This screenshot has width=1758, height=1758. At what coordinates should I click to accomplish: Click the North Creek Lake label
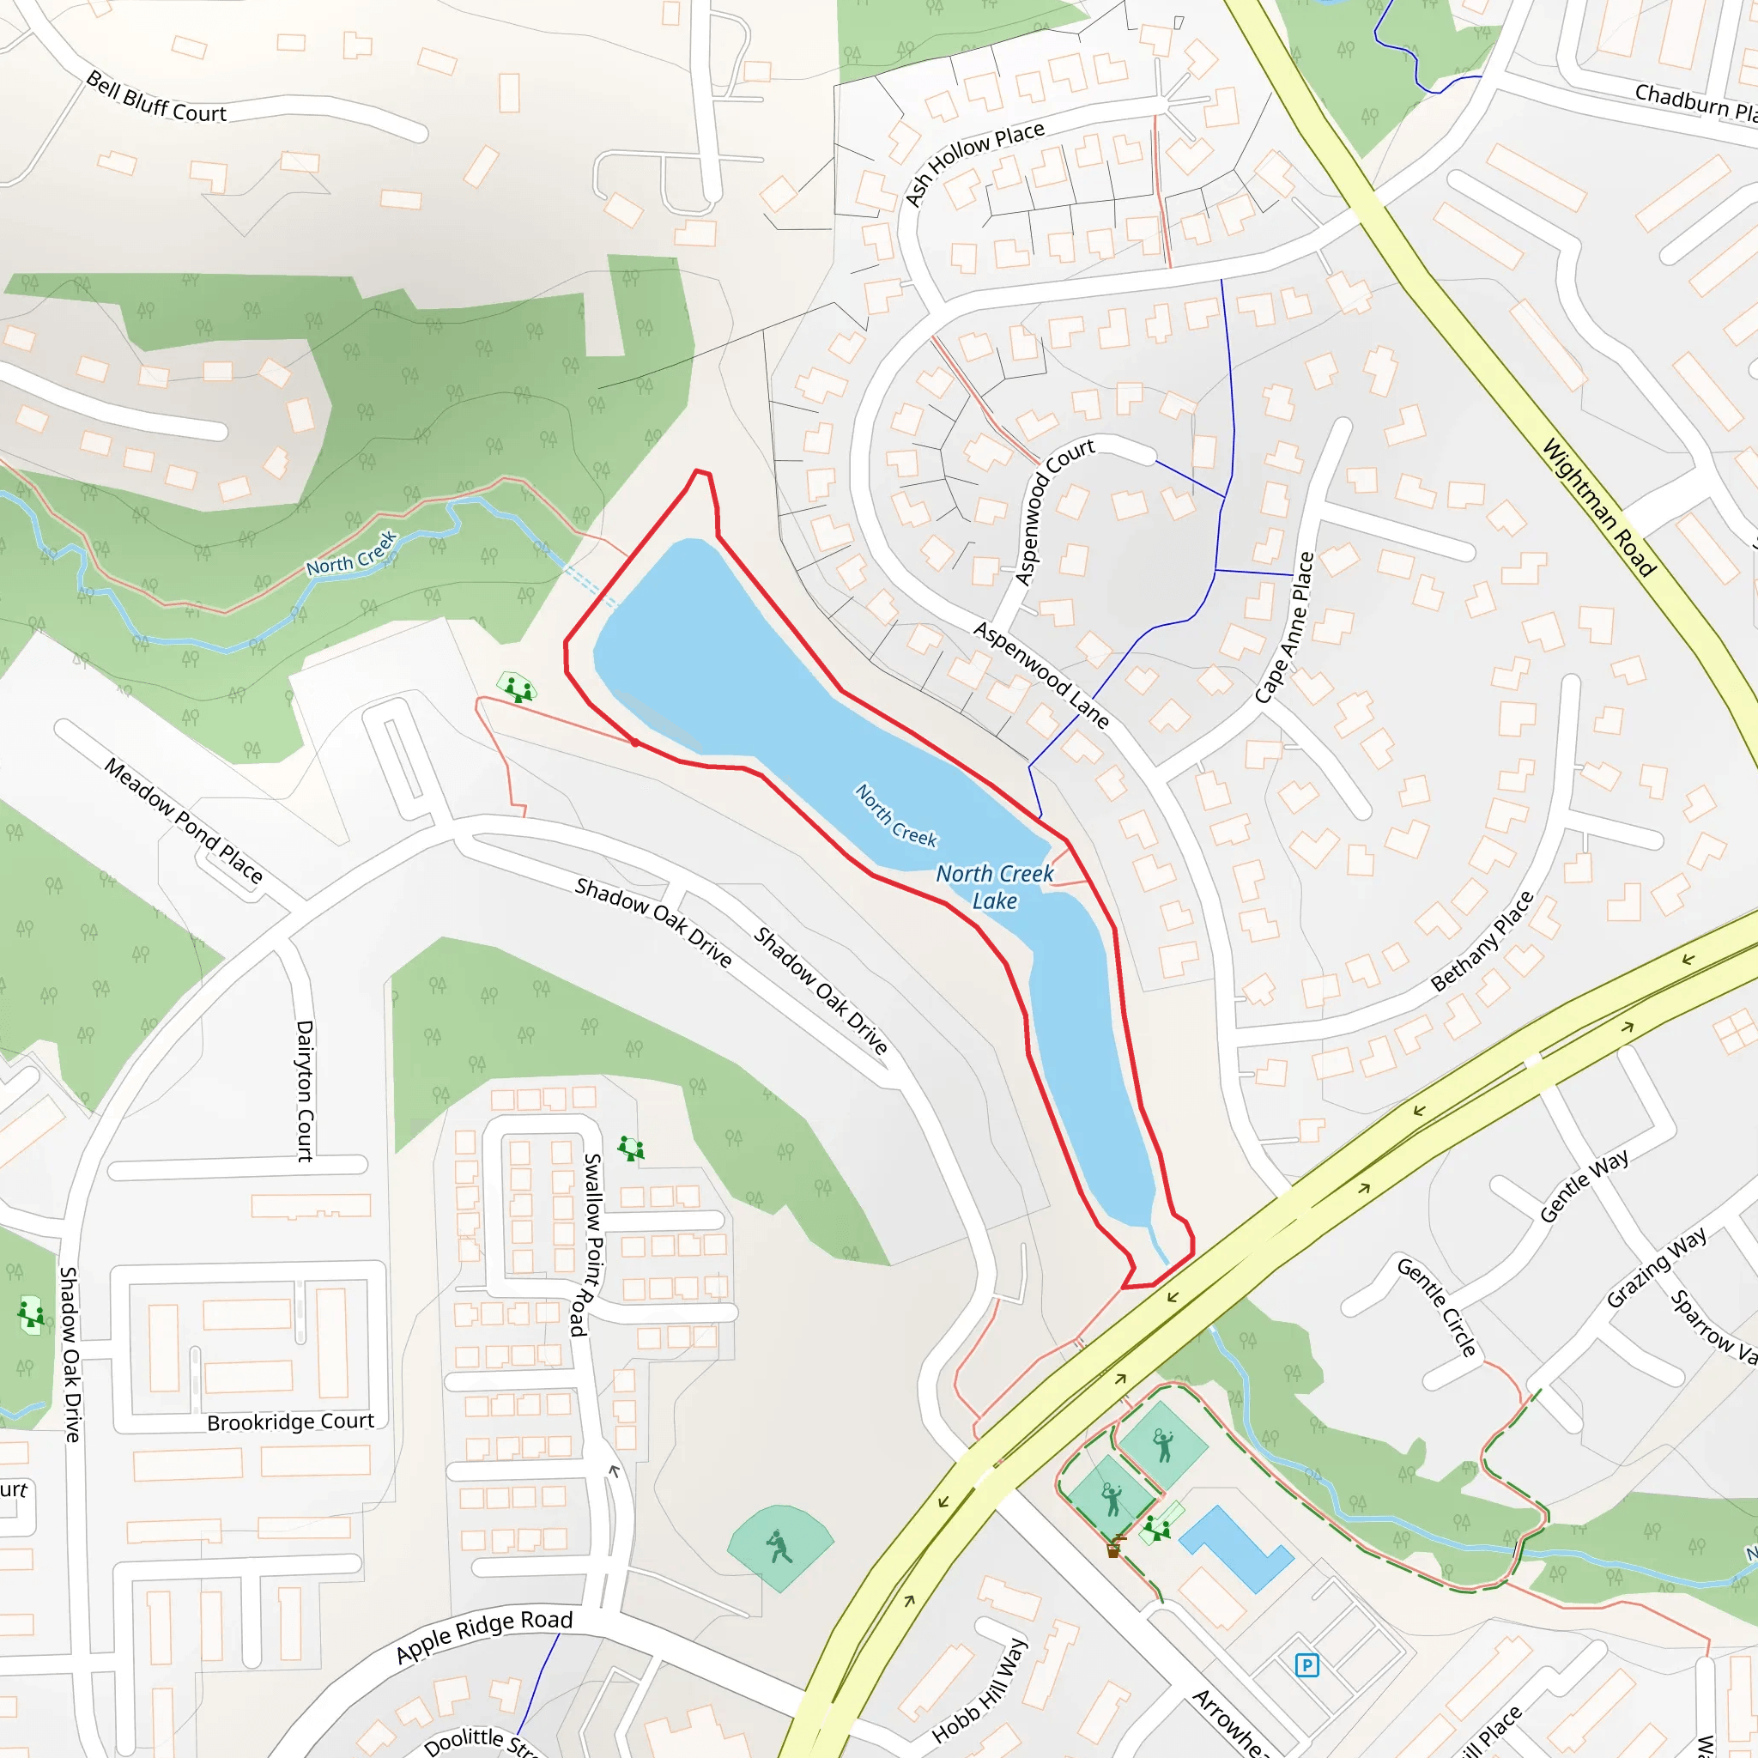coord(995,886)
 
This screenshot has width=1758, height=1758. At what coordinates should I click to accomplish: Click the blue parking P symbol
coord(1306,1666)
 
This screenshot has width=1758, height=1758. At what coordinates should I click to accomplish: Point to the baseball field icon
coord(779,1546)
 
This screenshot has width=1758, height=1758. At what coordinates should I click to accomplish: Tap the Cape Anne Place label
coord(1284,627)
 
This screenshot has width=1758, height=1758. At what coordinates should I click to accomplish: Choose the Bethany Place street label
coord(1482,941)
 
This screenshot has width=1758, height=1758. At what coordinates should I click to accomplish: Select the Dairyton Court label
coord(305,1091)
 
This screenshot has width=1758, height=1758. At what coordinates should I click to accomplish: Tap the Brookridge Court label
coord(290,1422)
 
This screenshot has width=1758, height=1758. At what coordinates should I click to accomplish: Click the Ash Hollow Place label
coord(973,164)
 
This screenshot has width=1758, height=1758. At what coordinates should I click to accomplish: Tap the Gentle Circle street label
coord(1437,1306)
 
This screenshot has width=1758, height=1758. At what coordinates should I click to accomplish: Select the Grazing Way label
coord(1656,1268)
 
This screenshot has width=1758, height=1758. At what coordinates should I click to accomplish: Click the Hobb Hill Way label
coord(980,1689)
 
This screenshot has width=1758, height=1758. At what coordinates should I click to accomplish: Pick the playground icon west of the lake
coord(516,687)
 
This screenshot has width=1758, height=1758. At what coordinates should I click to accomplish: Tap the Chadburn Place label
coord(1694,103)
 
